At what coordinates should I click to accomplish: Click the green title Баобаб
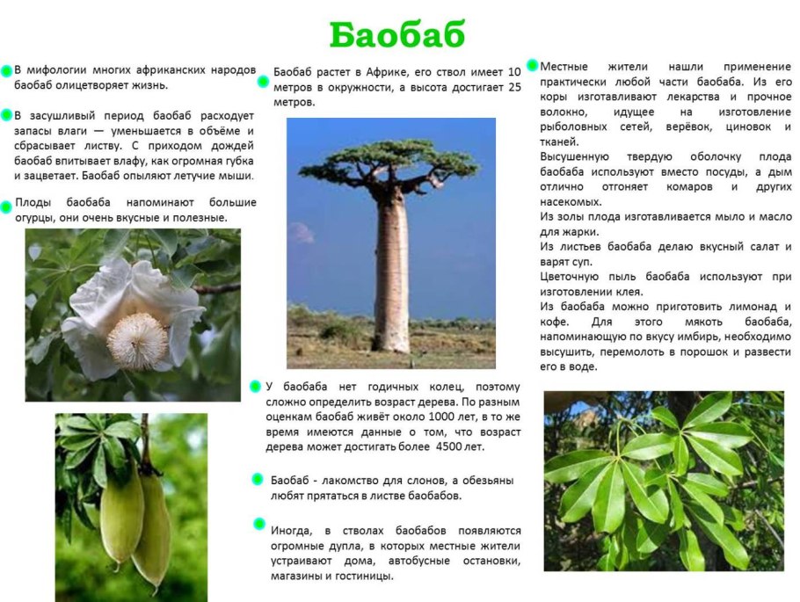(x=397, y=35)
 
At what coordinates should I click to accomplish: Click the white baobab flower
(x=132, y=316)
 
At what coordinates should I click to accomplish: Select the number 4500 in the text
(x=450, y=447)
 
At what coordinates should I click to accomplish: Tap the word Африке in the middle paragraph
(x=385, y=71)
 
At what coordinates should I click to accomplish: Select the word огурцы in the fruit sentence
(x=34, y=217)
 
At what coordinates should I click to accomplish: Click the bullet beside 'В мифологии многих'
(x=7, y=69)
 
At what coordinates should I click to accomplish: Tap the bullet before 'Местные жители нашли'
(x=532, y=65)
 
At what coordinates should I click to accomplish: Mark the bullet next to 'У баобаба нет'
(x=256, y=386)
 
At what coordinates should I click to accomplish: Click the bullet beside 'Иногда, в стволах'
(x=259, y=524)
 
